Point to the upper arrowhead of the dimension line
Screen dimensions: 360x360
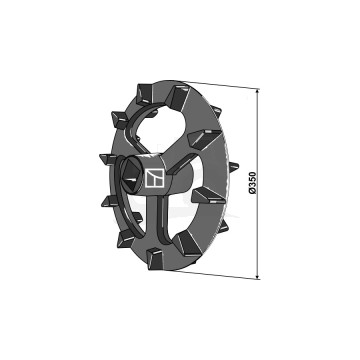258,90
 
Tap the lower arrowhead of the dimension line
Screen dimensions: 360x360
258,275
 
